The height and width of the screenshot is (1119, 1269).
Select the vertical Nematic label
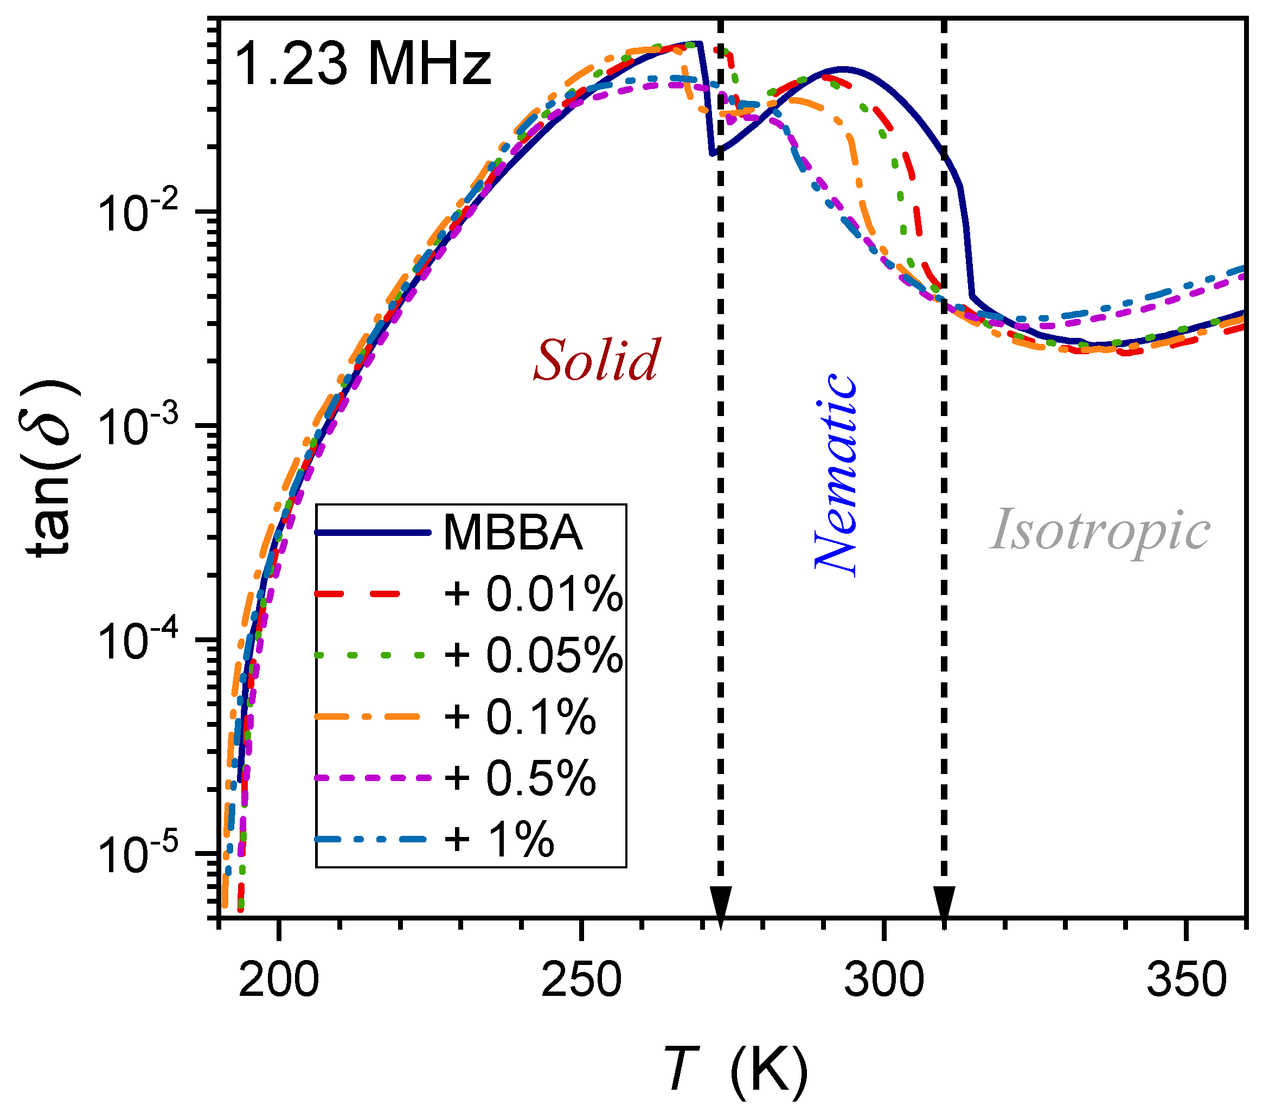click(x=836, y=475)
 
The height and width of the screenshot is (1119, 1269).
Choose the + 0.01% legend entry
click(x=533, y=594)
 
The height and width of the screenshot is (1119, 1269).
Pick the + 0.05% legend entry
click(x=533, y=655)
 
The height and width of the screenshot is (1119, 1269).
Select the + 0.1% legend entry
click(x=519, y=717)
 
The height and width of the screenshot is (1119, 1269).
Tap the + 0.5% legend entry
click(x=519, y=777)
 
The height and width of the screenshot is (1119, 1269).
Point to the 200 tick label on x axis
click(x=278, y=981)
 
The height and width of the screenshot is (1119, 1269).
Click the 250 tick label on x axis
click(x=580, y=981)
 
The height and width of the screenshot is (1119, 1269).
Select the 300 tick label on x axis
click(x=883, y=981)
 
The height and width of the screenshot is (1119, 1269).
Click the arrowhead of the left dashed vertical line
click(x=720, y=909)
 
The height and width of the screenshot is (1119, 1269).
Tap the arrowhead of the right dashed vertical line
click(x=944, y=909)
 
